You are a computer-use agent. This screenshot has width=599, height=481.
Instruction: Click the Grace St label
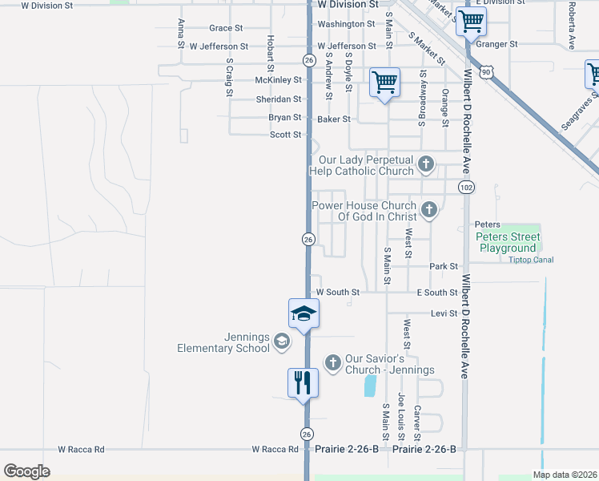click(x=226, y=28)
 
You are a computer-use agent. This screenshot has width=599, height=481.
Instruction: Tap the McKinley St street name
click(x=278, y=80)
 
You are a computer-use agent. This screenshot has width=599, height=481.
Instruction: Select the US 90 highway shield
click(x=486, y=72)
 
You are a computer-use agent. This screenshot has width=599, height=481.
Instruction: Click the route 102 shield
click(x=465, y=187)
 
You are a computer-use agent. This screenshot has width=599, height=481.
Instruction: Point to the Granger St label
click(x=496, y=44)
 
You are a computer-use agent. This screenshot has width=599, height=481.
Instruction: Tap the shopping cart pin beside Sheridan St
click(x=385, y=82)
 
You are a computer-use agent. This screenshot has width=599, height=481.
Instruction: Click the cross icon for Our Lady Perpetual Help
click(x=426, y=164)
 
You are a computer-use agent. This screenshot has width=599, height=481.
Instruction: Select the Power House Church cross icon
click(x=429, y=210)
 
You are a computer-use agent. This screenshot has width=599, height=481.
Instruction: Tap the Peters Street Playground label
click(x=509, y=242)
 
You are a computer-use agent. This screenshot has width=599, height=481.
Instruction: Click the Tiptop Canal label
click(x=531, y=260)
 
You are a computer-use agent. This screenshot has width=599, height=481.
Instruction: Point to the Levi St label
click(x=443, y=313)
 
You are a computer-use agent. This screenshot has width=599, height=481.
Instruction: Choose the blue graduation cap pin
click(x=304, y=313)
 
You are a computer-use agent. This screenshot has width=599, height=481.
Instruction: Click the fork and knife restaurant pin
click(x=304, y=382)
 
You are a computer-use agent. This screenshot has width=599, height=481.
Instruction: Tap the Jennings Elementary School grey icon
click(x=281, y=342)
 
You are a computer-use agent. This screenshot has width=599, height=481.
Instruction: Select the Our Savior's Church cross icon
click(x=333, y=363)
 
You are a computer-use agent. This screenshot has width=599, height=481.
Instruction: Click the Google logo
click(x=26, y=471)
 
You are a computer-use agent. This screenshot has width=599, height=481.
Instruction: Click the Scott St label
click(x=285, y=135)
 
